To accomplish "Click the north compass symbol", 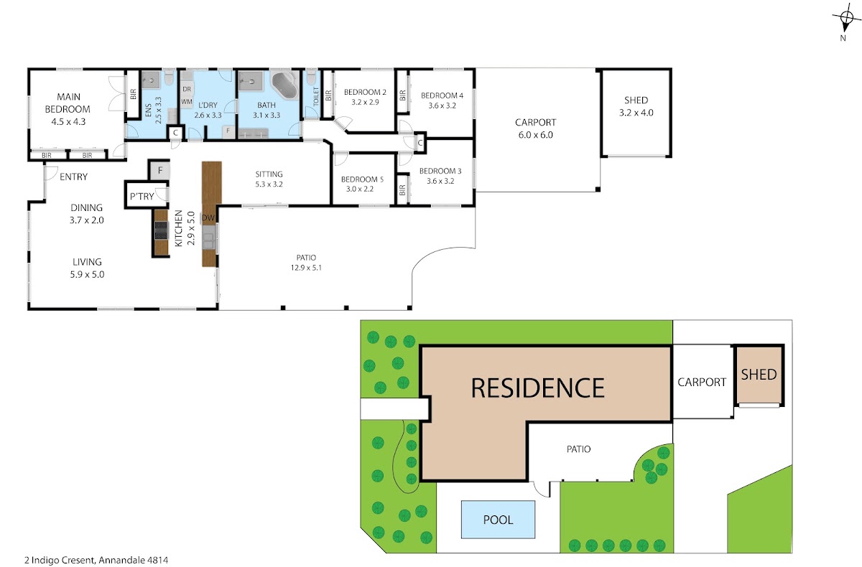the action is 846,18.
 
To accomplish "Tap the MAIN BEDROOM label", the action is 68,103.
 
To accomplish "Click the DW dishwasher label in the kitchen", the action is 208,218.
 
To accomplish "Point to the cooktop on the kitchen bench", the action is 161,230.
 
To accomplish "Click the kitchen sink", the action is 208,237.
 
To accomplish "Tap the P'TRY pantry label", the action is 142,197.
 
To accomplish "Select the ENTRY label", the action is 73,177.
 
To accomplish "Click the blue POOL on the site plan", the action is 498,520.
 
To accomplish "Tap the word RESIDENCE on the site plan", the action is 537,388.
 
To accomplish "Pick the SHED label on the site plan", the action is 759,375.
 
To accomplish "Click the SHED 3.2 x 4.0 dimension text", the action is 636,113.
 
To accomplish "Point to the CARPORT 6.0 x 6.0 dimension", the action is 535,135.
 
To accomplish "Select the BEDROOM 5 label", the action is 362,179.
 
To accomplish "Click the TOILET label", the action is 316,96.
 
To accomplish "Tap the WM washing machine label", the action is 187,102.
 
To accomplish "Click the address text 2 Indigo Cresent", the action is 59,560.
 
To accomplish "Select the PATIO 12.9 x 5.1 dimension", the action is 306,268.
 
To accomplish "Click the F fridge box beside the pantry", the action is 159,170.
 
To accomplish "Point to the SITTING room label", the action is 269,174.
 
